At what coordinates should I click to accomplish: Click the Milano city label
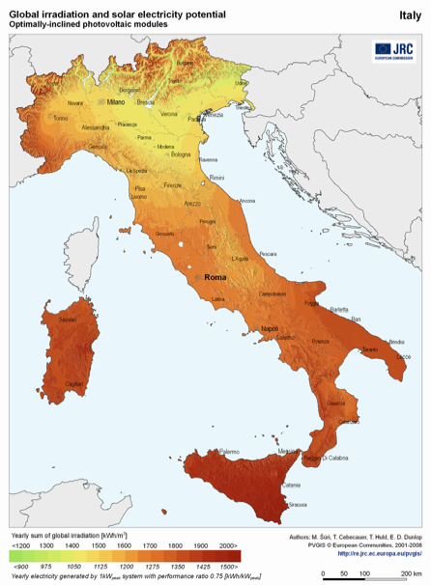click(115, 101)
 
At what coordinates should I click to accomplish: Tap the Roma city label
click(215, 278)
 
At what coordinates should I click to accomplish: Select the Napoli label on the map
click(270, 329)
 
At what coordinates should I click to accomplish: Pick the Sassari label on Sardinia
click(67, 319)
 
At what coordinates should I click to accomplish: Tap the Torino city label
click(62, 118)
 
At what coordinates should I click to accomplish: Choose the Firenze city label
click(173, 184)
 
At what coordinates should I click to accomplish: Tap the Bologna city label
click(182, 154)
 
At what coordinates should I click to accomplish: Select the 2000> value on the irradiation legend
click(227, 544)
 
